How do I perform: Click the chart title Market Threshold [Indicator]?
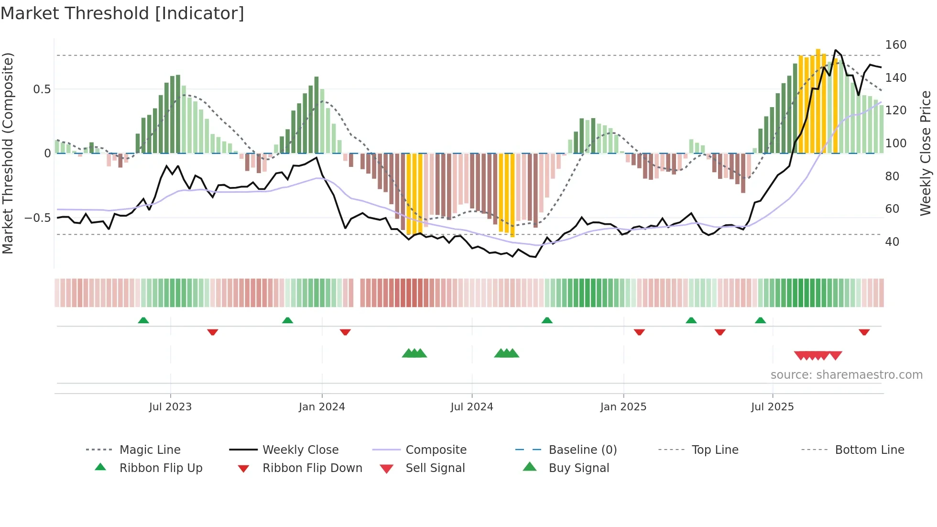pos(122,13)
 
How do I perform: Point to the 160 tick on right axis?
pos(895,45)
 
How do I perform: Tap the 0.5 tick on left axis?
pos(42,89)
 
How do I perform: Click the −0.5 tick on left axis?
pos(38,218)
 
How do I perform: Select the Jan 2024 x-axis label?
pos(322,407)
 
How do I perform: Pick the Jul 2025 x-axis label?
pos(772,407)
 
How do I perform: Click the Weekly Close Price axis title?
pos(926,153)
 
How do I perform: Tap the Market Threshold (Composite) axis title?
pos(8,153)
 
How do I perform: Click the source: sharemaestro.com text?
pos(846,375)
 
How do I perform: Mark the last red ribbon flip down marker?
pos(864,332)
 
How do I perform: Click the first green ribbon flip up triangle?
pos(143,320)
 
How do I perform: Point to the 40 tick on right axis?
pos(892,242)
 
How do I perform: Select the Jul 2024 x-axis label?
pos(471,407)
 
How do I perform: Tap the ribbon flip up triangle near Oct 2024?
pos(547,320)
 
